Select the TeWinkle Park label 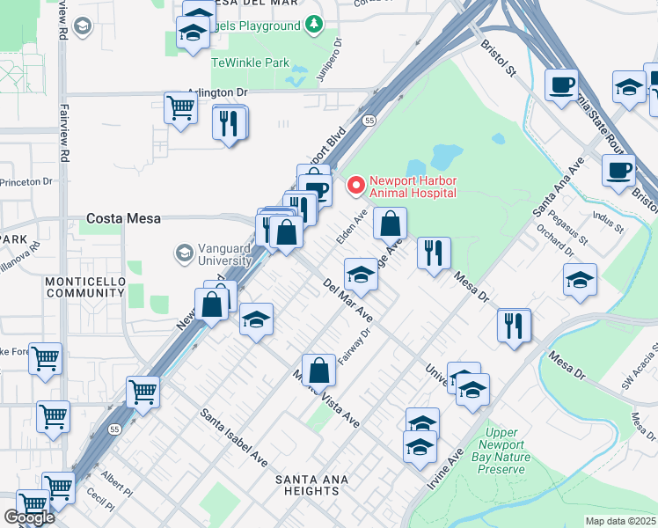[250, 63]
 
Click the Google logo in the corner [29, 517]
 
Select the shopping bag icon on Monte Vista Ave [318, 370]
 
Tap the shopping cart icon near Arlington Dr [180, 108]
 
